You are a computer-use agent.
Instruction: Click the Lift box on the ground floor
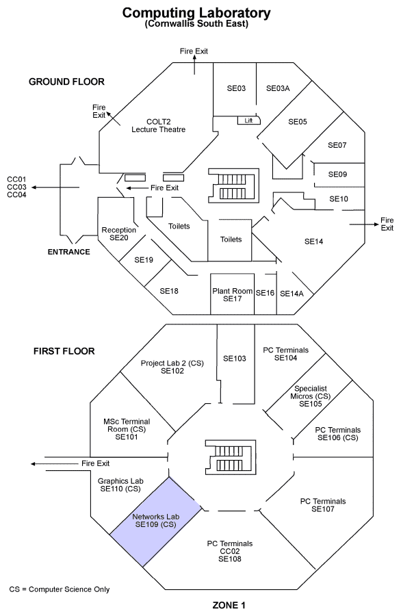(x=248, y=120)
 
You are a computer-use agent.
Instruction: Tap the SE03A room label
(x=278, y=88)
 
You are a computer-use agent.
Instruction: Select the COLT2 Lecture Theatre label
(x=158, y=126)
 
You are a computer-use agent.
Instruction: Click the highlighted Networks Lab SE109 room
(x=156, y=522)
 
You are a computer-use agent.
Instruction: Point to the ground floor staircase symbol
(x=233, y=185)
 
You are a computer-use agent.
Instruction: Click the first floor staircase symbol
(x=231, y=457)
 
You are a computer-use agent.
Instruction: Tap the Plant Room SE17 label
(x=232, y=294)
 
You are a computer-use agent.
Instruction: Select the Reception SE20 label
(x=118, y=234)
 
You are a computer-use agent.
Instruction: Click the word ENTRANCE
(x=68, y=252)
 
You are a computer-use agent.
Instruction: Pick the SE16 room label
(x=265, y=293)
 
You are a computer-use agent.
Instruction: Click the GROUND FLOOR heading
(x=66, y=81)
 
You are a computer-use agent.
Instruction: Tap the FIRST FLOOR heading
(x=64, y=351)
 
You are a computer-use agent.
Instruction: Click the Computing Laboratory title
(x=196, y=12)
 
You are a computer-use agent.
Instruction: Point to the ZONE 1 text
(x=229, y=606)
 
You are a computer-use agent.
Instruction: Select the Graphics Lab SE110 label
(x=120, y=485)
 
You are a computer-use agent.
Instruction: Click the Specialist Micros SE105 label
(x=310, y=396)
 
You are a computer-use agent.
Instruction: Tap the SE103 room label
(x=235, y=358)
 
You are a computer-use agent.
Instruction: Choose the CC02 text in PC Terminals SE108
(x=230, y=551)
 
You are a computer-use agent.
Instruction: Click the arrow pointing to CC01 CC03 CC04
(x=55, y=188)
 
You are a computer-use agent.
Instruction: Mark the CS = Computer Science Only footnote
(x=60, y=589)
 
